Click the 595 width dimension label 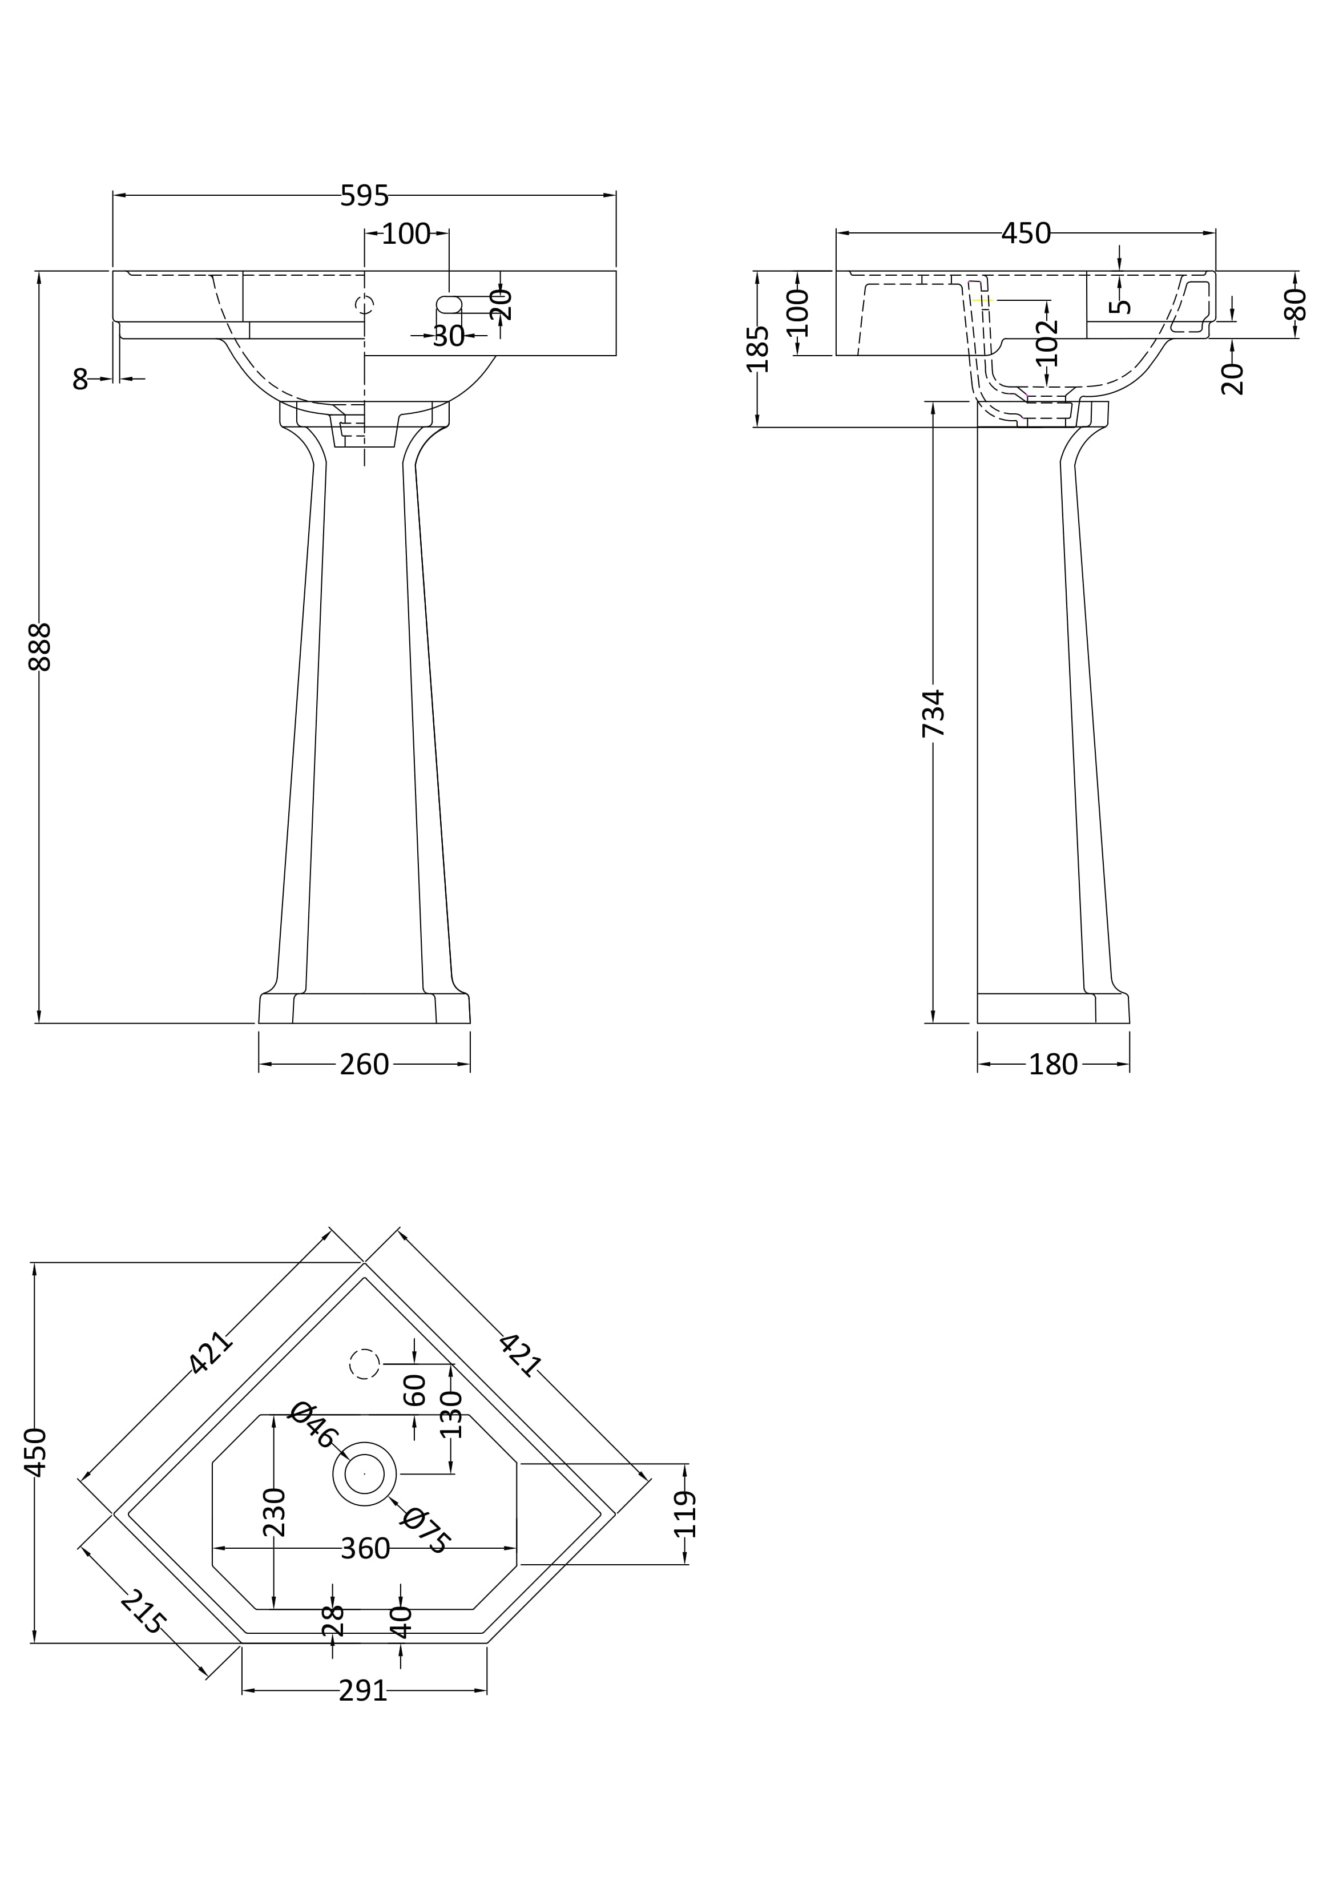coord(364,196)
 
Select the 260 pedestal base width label coord(364,1065)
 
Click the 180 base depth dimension coord(1053,1065)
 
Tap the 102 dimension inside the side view coord(1047,341)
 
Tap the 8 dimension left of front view coord(80,379)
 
